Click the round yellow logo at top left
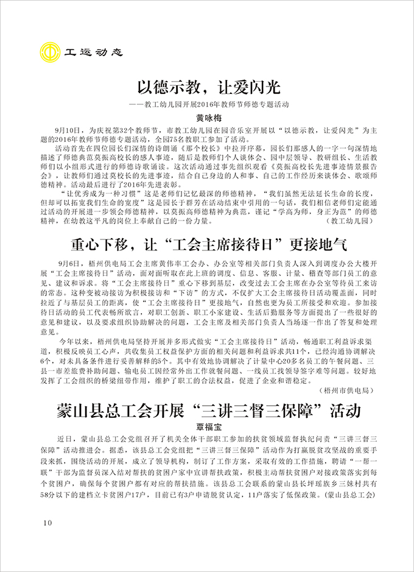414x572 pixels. (52, 51)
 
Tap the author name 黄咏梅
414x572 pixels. (207, 118)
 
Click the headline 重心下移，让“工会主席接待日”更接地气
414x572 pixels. (207, 245)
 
